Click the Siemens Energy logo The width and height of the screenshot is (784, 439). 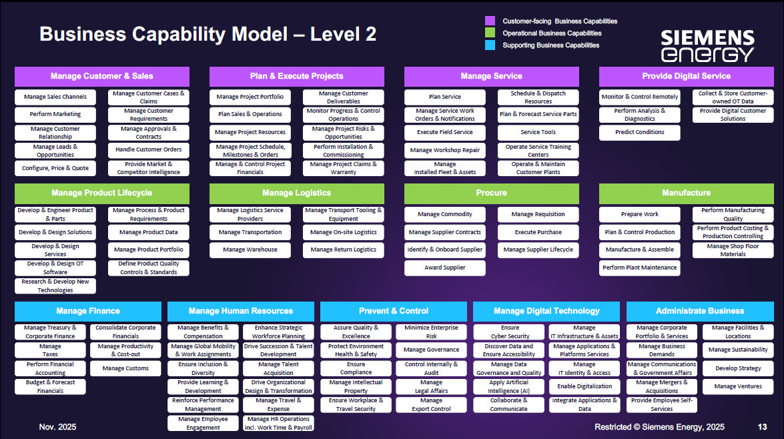point(707,45)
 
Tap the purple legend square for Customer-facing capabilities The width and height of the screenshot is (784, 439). point(490,21)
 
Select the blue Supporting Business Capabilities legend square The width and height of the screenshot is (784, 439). point(490,45)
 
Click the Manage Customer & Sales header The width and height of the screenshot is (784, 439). point(102,76)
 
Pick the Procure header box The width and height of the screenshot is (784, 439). point(492,193)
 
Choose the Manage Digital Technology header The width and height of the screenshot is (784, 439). point(546,311)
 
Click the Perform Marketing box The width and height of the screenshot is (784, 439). point(55,114)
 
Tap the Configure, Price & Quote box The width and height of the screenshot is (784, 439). point(55,168)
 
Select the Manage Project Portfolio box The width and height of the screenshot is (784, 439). point(250,97)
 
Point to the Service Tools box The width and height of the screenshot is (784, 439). point(538,132)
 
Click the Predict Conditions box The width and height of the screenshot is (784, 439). point(640,132)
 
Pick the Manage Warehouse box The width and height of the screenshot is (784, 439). point(250,250)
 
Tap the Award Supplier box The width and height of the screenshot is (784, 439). point(445,268)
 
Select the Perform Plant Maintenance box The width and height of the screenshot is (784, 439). point(640,268)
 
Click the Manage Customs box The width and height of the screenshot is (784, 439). point(126,368)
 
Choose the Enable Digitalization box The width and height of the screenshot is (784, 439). point(584,386)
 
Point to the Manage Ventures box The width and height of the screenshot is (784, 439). point(738,386)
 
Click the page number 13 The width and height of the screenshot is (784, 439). point(762,427)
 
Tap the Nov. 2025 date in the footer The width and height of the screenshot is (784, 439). point(57,427)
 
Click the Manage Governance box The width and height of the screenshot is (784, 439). point(432,350)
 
